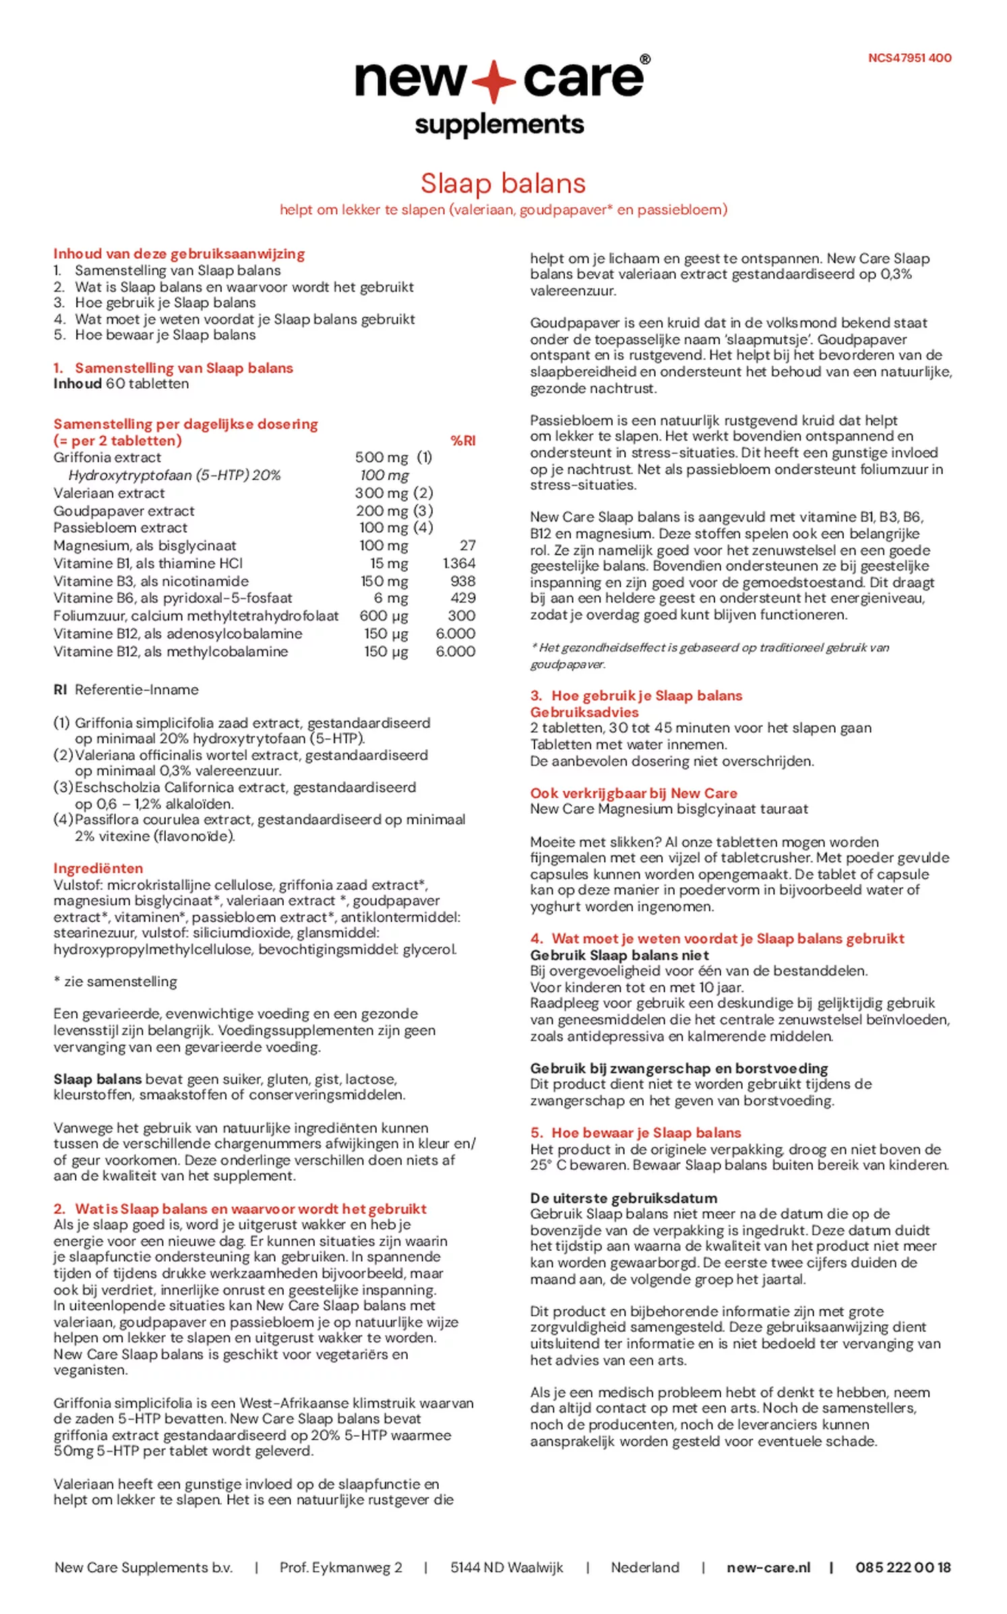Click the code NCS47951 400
pos(909,58)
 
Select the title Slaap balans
pos(503,183)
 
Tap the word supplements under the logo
pos(499,125)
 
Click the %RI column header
pos(462,441)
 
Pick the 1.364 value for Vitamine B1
pos(458,563)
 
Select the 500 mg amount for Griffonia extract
pos(382,457)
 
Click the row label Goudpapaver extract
pos(124,511)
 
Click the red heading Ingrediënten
pos(98,868)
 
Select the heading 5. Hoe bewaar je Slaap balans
pos(636,1132)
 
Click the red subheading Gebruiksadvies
pos(584,712)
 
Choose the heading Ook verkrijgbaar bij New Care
pos(633,793)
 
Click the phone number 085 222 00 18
pos(903,1568)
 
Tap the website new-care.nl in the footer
pos(768,1568)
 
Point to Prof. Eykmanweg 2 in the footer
pos(340,1568)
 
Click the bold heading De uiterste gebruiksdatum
pos(623,1198)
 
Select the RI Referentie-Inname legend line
pos(126,690)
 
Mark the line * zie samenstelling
pos(115,981)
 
